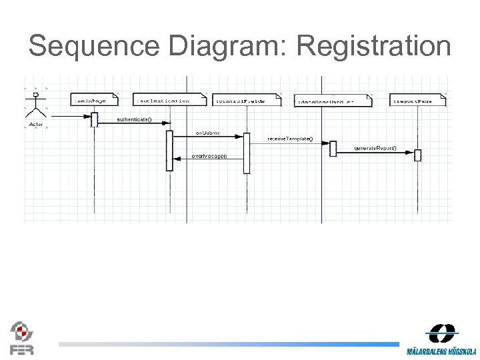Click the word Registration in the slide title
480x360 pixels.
[x=374, y=47]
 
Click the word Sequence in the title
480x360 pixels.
[x=93, y=47]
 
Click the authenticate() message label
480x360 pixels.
[x=134, y=120]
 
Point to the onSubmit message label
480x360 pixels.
[x=207, y=133]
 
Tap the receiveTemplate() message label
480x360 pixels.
[x=289, y=139]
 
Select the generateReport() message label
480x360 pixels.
[x=375, y=147]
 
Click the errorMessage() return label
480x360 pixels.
[x=209, y=156]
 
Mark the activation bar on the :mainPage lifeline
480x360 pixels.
[x=95, y=119]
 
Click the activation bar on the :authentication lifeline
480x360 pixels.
[x=169, y=150]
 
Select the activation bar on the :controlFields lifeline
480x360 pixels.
[x=246, y=153]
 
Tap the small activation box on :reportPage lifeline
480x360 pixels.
[x=418, y=155]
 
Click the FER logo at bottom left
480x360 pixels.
[x=21, y=337]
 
